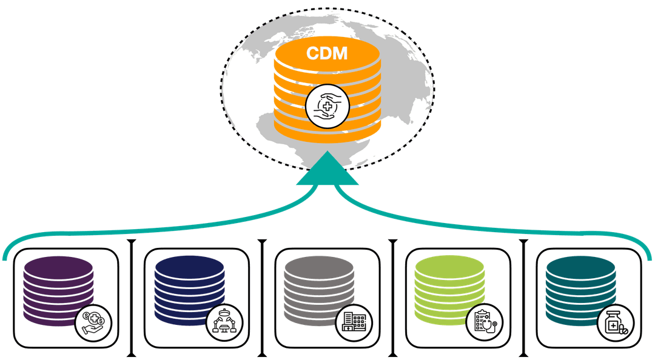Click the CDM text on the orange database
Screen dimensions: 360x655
(x=327, y=53)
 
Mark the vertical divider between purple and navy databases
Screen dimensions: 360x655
(x=131, y=297)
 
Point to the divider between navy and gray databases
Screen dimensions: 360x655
(x=262, y=297)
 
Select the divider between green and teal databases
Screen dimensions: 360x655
(x=525, y=297)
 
